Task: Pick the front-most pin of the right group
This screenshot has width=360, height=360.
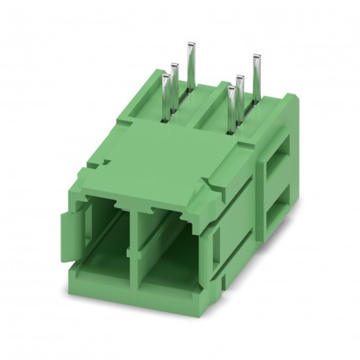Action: click(231, 107)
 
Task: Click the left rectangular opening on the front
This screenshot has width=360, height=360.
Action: click(101, 228)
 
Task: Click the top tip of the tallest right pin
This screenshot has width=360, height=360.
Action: click(255, 56)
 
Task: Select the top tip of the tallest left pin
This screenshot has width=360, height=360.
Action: click(189, 46)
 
